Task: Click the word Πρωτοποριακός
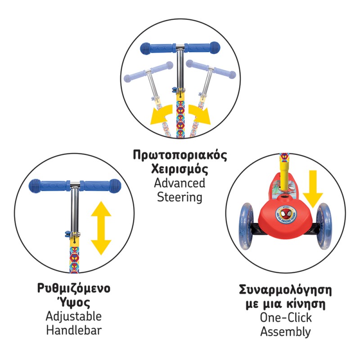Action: click(180, 155)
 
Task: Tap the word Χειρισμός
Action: click(180, 169)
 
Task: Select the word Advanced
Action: click(180, 183)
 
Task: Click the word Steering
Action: click(180, 198)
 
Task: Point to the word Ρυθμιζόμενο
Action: click(74, 288)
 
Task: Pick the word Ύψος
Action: click(74, 302)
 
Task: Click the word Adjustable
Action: click(74, 316)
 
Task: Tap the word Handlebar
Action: click(74, 330)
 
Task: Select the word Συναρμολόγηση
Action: click(285, 290)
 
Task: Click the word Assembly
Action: click(285, 332)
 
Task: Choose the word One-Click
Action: click(286, 318)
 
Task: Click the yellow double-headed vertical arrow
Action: click(101, 228)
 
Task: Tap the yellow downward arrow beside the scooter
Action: click(313, 189)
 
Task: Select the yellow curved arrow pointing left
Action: click(161, 115)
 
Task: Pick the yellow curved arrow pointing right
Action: click(199, 115)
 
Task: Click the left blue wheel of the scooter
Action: click(247, 226)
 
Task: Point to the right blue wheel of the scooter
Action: click(324, 226)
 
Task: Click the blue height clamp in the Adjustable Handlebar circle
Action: click(68, 234)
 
